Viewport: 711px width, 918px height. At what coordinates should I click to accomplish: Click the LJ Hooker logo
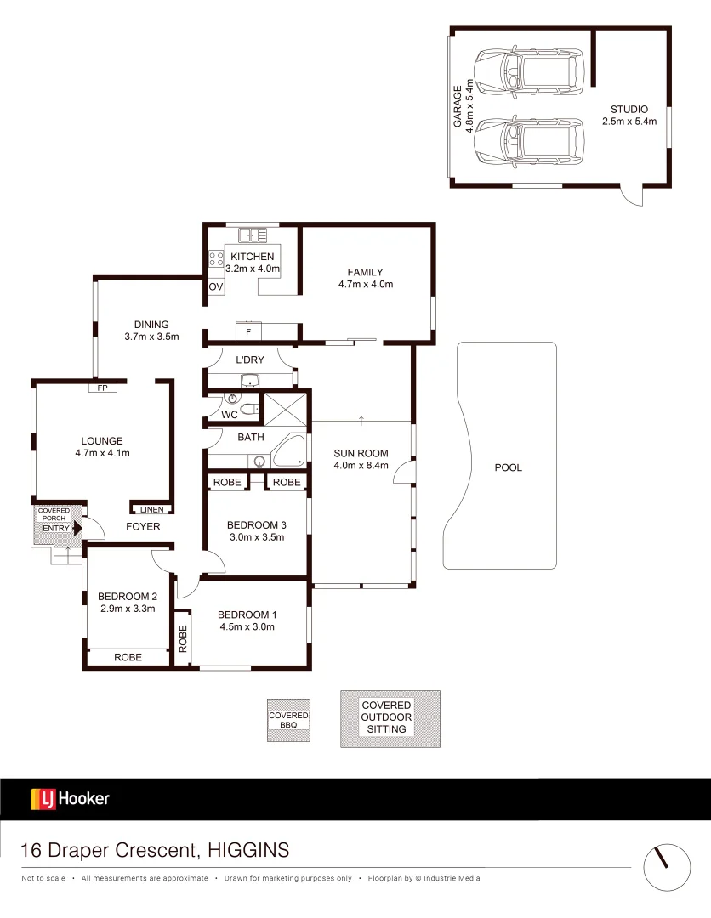pyautogui.click(x=70, y=799)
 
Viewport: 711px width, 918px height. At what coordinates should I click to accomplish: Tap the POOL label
pyautogui.click(x=509, y=467)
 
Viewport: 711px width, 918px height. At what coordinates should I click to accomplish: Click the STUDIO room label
pyautogui.click(x=629, y=110)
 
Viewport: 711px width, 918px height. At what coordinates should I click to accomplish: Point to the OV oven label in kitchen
pyautogui.click(x=216, y=287)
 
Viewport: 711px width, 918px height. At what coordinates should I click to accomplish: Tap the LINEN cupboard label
pyautogui.click(x=152, y=509)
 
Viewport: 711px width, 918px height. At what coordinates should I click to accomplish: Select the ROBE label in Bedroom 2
pyautogui.click(x=128, y=657)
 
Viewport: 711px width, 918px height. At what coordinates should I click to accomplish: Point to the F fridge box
pyautogui.click(x=247, y=331)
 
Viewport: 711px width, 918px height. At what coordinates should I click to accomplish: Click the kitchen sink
pyautogui.click(x=253, y=235)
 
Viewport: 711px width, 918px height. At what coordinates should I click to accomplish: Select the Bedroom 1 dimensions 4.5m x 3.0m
pyautogui.click(x=247, y=627)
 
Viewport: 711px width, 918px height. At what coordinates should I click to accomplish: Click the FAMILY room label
pyautogui.click(x=365, y=272)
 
